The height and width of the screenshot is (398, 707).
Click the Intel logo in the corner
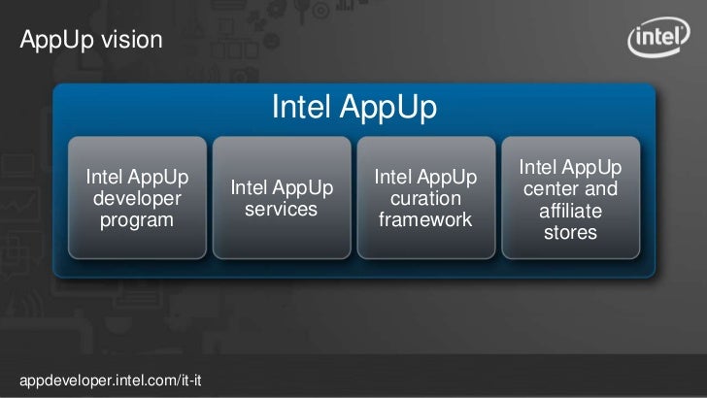coord(660,41)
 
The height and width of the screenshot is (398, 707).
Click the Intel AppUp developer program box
coord(137,198)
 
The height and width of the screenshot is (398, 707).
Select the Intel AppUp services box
coord(281,198)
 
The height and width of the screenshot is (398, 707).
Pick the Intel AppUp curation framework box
coord(425,198)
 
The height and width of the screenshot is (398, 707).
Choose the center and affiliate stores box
coord(571,200)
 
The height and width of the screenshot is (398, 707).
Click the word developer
coord(137,199)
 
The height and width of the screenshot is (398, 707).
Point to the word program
coord(137,220)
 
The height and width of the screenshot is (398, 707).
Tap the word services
coord(281,210)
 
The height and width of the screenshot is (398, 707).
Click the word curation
coord(425,199)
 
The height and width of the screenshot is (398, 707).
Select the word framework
coord(425,220)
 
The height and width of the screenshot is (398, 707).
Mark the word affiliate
coord(571,211)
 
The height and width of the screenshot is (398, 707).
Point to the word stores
coord(571,233)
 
